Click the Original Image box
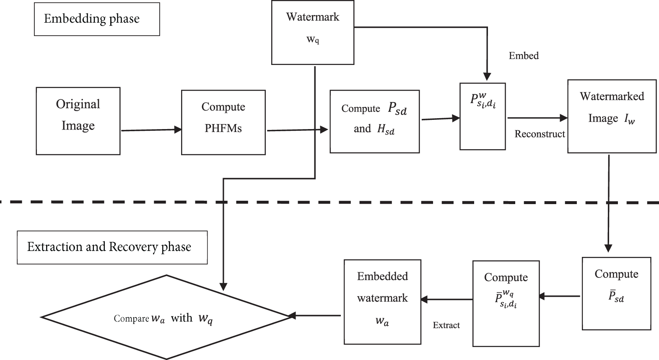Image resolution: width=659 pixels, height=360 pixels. pos(78,121)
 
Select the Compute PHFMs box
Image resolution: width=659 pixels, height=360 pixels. pos(223,122)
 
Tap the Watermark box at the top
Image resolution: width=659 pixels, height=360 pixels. pos(313,32)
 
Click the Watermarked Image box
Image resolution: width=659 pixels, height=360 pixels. pos(612,116)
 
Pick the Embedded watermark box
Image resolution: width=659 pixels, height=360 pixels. pos(382,302)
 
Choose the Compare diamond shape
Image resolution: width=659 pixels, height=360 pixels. pos(166,317)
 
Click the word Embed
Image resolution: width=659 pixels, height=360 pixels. pos(524,56)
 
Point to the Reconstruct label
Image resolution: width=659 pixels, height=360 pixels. pos(540,134)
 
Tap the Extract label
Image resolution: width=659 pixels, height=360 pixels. pos(446,325)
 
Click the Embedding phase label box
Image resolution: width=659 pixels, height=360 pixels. pos(97,19)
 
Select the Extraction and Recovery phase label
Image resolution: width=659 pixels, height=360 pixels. pos(112,247)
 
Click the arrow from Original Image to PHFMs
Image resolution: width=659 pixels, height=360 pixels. pos(151,130)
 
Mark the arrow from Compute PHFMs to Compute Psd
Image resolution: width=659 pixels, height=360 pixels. pos(297,130)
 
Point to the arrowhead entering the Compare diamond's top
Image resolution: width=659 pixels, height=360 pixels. pos(223,287)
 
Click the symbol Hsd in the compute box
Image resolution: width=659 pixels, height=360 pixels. pos(386,129)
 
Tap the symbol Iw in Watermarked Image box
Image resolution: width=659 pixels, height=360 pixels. pos(629,119)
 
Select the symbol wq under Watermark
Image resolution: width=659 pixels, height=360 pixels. pos(313,40)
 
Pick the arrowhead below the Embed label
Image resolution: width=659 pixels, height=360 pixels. pos(487,77)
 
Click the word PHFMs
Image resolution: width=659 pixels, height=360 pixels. pos(223,129)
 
